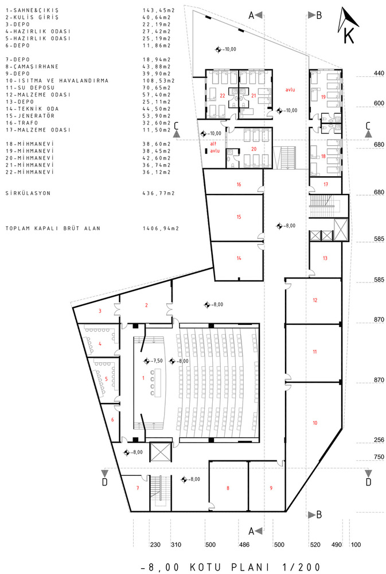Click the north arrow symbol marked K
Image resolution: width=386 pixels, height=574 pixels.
coord(348,26)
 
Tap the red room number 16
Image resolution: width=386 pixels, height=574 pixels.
coord(239,184)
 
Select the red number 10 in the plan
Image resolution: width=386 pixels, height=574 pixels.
coord(315,423)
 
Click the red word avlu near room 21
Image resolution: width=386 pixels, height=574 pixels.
coord(290,90)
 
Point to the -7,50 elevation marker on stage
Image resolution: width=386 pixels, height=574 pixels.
coord(153,361)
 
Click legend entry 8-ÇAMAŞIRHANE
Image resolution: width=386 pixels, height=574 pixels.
coord(32,67)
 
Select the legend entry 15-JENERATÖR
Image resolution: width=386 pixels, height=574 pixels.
coord(30,116)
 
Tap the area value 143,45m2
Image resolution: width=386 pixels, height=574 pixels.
coord(157,10)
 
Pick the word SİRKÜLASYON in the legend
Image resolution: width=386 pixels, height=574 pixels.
coord(28,193)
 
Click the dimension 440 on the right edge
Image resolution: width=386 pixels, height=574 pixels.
coord(379,73)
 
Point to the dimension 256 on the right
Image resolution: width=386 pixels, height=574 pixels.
coord(379,440)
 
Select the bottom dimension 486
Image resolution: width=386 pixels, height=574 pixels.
coord(244,545)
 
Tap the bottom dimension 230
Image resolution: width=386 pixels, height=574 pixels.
coord(155,545)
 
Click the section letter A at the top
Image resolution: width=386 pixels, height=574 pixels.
coord(251,15)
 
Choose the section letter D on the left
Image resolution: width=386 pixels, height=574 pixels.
coord(104,482)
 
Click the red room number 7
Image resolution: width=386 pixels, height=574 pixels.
coord(138,488)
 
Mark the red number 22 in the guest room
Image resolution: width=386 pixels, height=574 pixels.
coord(223,95)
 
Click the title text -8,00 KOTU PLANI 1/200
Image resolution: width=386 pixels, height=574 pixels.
coord(231,568)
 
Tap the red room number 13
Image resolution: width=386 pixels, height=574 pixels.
coord(325,258)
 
